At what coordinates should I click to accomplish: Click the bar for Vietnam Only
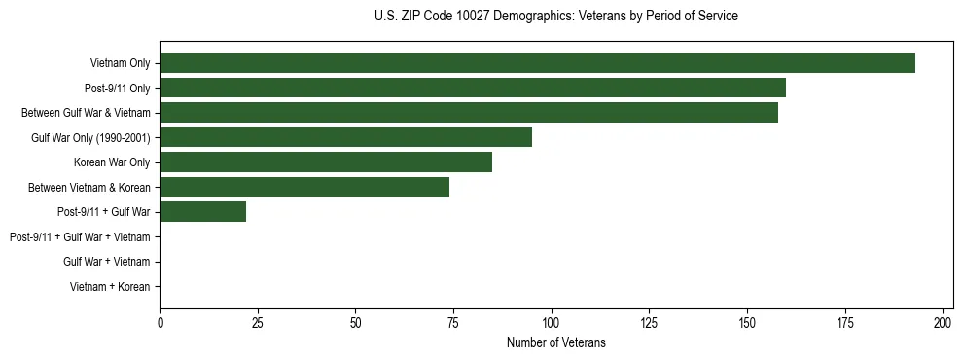coord(537,63)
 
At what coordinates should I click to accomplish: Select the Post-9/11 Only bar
coord(473,88)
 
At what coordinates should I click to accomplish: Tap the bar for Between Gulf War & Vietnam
coord(469,113)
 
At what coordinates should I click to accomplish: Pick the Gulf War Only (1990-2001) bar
coord(345,137)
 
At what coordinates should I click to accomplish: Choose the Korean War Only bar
coord(326,162)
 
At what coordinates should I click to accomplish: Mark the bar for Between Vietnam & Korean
coord(304,187)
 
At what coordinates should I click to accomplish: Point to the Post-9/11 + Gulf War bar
coord(202,212)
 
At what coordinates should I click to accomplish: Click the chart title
coord(555,17)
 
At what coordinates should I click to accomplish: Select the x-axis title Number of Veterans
coord(555,342)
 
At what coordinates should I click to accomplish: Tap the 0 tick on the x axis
coord(160,323)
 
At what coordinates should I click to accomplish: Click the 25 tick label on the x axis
coord(258,323)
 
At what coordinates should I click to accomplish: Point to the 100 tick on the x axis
coord(552,323)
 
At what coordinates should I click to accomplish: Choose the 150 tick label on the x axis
coord(747,323)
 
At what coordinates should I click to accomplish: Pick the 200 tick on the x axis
coord(943,323)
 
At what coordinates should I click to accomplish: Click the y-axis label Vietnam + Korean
coord(110,287)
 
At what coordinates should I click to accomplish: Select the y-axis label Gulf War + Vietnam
coord(106,262)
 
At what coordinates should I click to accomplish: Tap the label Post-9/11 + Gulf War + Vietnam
coord(80,237)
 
